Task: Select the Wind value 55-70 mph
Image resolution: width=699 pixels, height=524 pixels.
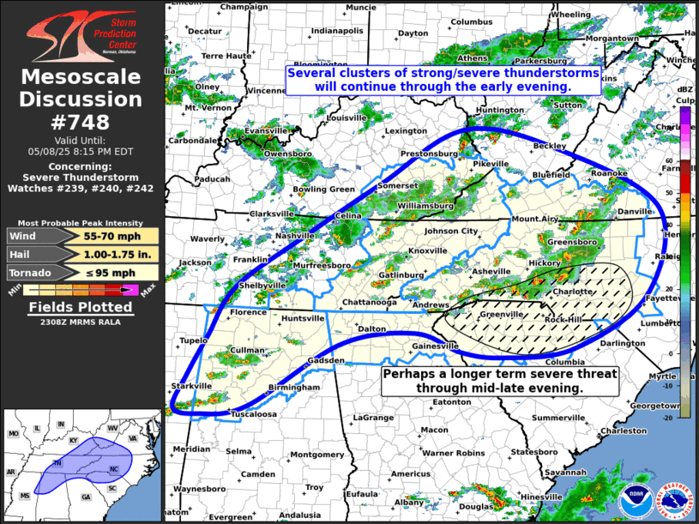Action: point(106,234)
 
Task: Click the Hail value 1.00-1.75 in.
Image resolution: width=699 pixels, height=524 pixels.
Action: point(106,254)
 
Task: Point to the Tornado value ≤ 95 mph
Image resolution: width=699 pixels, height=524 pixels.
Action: point(106,274)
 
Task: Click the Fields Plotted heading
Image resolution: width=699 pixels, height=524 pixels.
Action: point(81,307)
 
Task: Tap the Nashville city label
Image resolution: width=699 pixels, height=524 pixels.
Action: point(295,236)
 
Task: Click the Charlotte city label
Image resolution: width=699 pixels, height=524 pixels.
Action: point(571,292)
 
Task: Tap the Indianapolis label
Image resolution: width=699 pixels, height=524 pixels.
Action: point(337,31)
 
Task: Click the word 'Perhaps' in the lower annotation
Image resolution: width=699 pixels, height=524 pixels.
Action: point(409,375)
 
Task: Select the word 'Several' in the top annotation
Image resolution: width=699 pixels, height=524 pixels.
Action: point(314,74)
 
